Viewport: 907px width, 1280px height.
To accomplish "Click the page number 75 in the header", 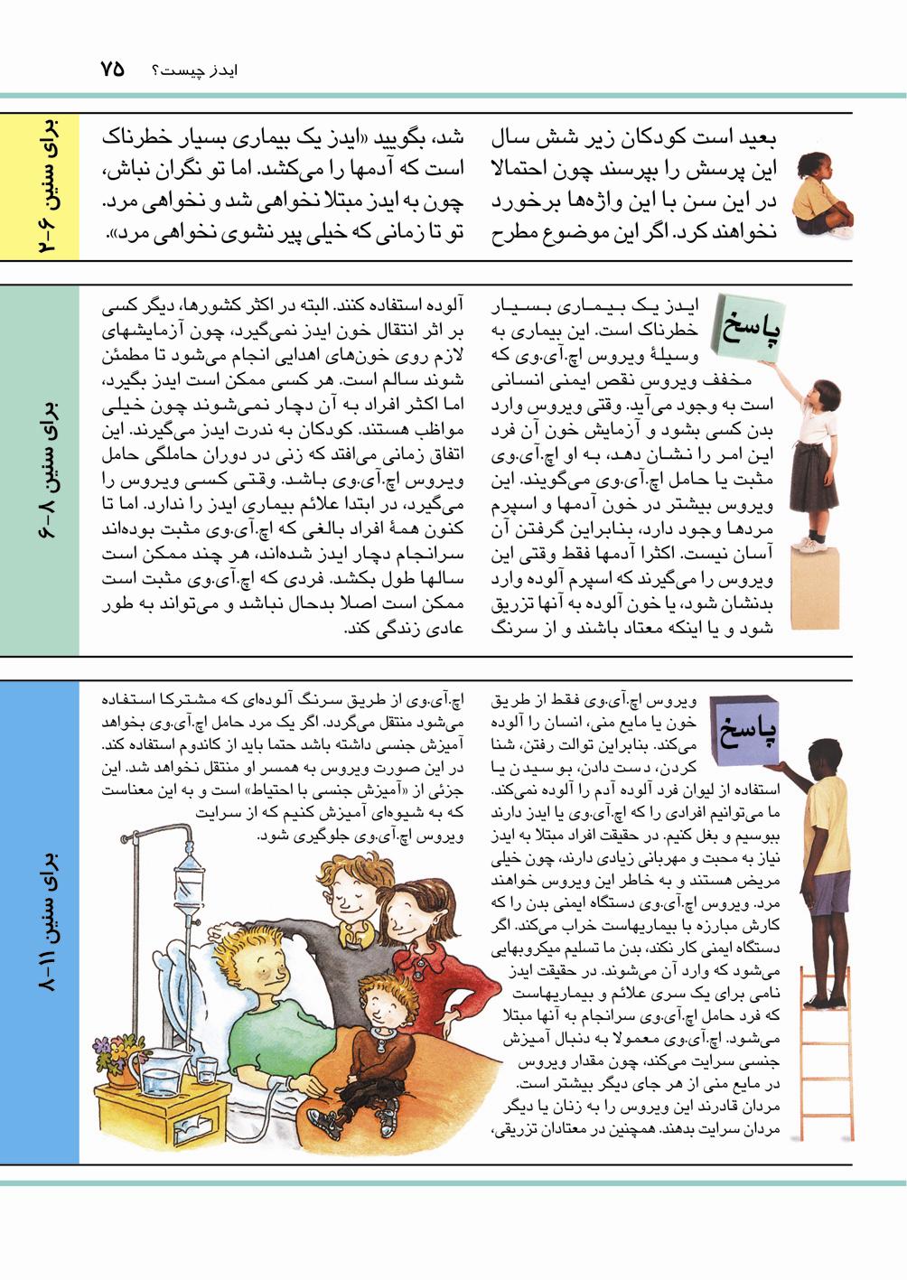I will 112,70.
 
